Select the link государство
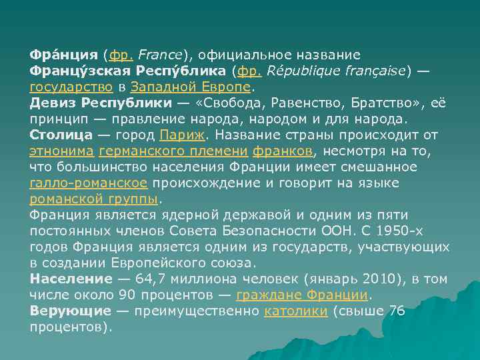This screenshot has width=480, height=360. pyautogui.click(x=71, y=86)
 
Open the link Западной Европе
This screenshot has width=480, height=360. pyautogui.click(x=191, y=86)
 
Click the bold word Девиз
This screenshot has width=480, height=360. pyautogui.click(x=53, y=103)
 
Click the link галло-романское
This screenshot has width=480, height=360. pyautogui.click(x=89, y=183)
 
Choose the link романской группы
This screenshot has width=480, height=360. pyautogui.click(x=94, y=199)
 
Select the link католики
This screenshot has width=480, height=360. pyautogui.click(x=295, y=311)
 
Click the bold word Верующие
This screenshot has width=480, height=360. pyautogui.click(x=70, y=311)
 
